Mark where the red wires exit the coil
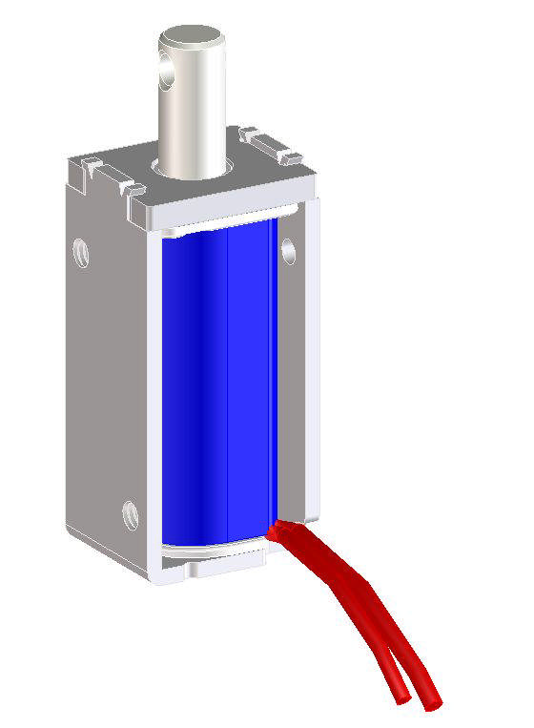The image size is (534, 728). coord(278,528)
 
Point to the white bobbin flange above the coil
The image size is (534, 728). coord(229,225)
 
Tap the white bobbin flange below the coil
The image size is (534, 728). coord(215,551)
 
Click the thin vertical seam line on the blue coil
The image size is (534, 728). coord(229,382)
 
